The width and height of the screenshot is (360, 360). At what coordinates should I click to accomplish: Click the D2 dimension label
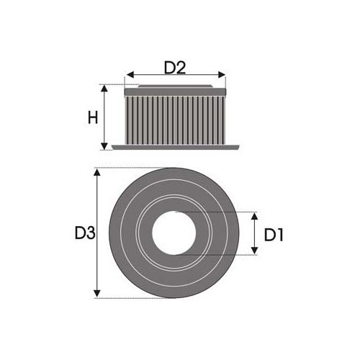(x=175, y=68)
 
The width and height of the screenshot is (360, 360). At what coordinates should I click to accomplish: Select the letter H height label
(x=92, y=117)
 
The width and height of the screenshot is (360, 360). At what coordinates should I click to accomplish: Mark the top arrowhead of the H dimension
(x=106, y=88)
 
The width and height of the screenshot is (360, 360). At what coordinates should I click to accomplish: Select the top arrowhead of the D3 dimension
(x=97, y=172)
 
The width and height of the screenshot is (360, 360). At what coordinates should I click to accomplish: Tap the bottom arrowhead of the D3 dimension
(x=97, y=294)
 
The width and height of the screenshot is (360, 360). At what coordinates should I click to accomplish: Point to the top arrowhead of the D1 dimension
(x=253, y=216)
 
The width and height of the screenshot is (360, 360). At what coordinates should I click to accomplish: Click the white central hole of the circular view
(x=175, y=233)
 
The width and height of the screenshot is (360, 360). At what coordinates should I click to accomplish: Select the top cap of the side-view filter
(x=175, y=91)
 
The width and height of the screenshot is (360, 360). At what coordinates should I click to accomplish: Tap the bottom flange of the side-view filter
(x=175, y=148)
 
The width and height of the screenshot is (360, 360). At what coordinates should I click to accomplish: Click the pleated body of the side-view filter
(x=175, y=119)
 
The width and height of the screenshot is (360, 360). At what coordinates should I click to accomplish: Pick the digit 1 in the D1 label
(x=281, y=234)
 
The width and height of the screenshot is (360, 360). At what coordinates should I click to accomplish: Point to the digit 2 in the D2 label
(x=181, y=68)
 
